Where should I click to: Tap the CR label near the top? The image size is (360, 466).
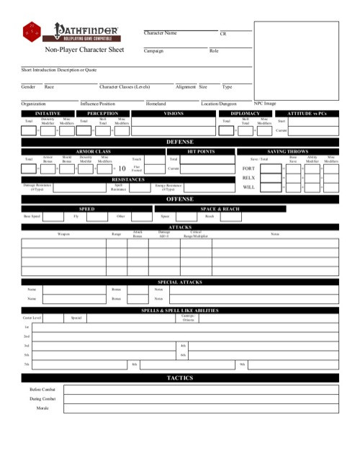223,34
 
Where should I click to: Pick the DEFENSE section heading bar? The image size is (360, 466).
180,142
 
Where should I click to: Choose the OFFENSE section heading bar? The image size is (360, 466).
180,198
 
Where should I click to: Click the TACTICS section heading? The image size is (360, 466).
180,378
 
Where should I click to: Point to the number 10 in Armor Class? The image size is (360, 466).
122,168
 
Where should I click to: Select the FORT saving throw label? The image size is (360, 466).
248,168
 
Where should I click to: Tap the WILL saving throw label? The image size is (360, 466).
248,187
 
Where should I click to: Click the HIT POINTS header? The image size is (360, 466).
201,151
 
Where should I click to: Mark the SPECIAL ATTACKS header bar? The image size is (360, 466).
180,282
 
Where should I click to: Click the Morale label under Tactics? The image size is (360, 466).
42,408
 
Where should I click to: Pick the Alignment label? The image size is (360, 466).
186,86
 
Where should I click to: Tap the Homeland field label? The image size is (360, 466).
156,104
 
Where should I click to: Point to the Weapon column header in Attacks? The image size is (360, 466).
63,234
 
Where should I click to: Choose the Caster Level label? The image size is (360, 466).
32,317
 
